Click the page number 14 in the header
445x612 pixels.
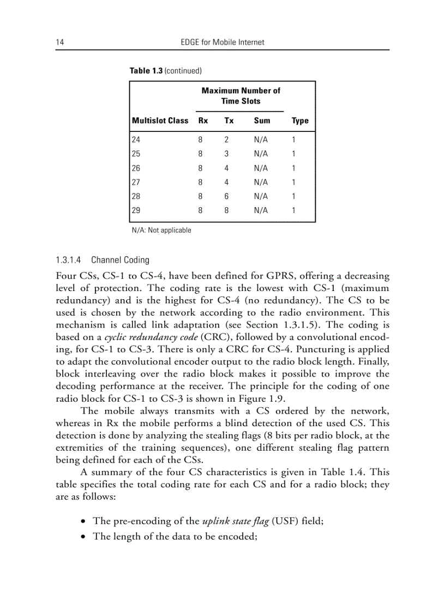pyautogui.click(x=59, y=42)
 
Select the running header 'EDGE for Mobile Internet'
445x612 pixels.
pyautogui.click(x=222, y=42)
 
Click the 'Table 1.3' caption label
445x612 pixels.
pyautogui.click(x=146, y=71)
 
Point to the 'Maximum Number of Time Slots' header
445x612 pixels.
pyautogui.click(x=240, y=96)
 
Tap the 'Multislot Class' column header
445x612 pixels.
pyautogui.click(x=160, y=121)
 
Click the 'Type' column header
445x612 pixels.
pyautogui.click(x=300, y=121)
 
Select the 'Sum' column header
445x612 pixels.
pyautogui.click(x=262, y=121)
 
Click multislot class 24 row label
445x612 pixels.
pyautogui.click(x=136, y=140)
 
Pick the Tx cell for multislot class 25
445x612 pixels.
pyautogui.click(x=226, y=154)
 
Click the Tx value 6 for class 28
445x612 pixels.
pyautogui.click(x=226, y=196)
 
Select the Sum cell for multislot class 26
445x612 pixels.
pyautogui.click(x=261, y=168)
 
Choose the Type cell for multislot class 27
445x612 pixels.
pyautogui.click(x=293, y=182)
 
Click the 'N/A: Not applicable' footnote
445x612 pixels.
pyautogui.click(x=161, y=231)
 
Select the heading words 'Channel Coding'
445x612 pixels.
pyautogui.click(x=120, y=260)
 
